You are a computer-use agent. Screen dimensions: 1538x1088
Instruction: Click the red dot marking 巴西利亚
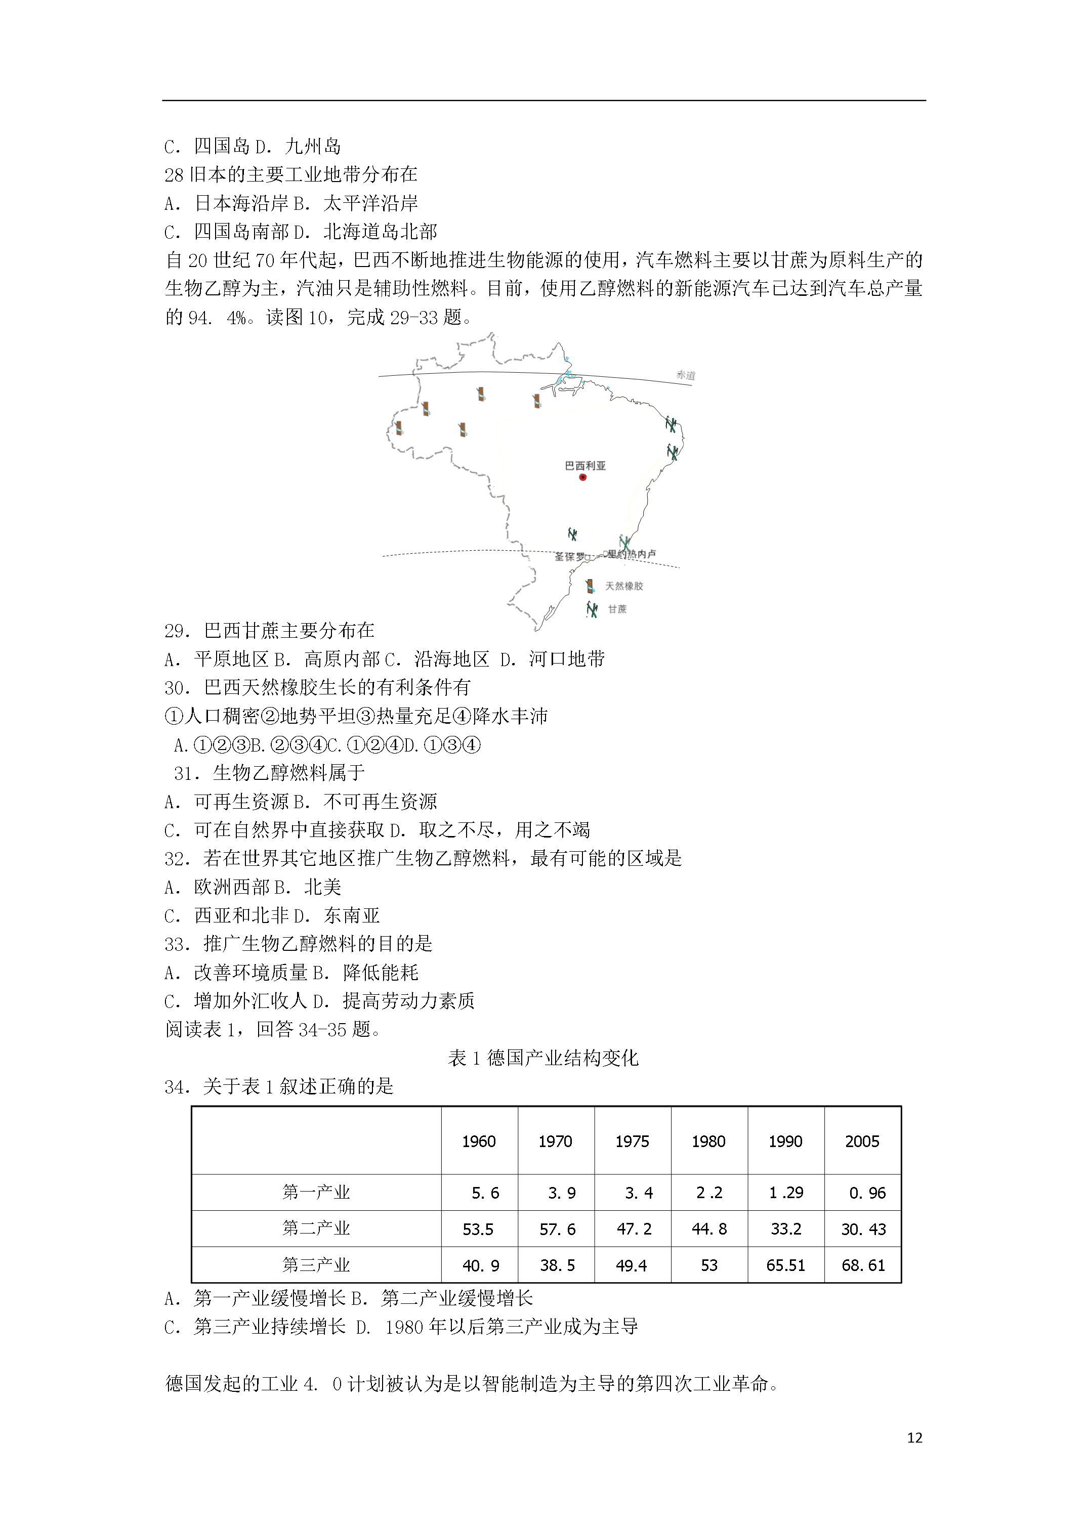click(582, 477)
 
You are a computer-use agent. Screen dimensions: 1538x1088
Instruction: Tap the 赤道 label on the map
click(685, 375)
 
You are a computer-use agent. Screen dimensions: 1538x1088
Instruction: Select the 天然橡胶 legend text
click(624, 586)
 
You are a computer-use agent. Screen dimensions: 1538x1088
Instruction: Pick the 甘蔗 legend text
click(617, 609)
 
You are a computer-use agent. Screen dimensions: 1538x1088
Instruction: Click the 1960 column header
click(479, 1141)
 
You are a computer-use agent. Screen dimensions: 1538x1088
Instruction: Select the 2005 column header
click(862, 1141)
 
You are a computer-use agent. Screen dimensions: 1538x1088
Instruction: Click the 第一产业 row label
click(316, 1193)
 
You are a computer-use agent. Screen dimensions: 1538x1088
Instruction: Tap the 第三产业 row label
click(316, 1265)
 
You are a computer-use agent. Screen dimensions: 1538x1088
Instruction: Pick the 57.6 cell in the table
click(557, 1229)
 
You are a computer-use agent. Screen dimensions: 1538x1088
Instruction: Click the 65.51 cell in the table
click(786, 1265)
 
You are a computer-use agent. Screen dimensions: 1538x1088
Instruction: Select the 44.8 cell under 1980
click(709, 1229)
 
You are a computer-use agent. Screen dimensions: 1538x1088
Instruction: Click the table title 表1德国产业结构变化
click(543, 1059)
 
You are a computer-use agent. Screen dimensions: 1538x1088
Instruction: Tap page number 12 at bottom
click(914, 1437)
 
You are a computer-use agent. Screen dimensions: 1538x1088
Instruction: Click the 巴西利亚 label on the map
click(585, 466)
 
